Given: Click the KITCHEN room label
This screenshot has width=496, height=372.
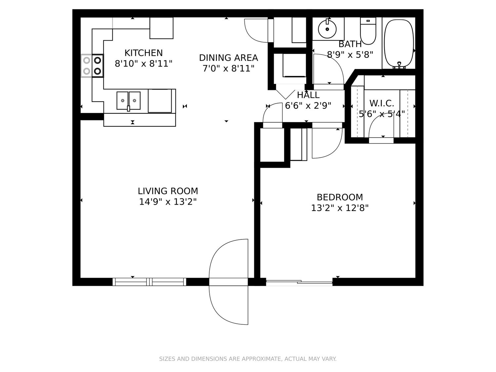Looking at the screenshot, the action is click(x=144, y=53).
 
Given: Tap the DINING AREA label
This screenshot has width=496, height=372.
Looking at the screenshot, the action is click(x=228, y=58).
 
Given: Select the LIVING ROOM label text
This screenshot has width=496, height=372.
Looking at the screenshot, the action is click(x=168, y=191).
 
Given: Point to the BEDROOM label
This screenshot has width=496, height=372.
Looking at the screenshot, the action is click(x=340, y=197).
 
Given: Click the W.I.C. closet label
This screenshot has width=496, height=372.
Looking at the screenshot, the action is click(x=382, y=103).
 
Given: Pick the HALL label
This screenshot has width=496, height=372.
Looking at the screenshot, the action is click(x=308, y=95).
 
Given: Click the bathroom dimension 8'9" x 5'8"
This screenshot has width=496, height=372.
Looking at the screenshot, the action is click(x=350, y=55).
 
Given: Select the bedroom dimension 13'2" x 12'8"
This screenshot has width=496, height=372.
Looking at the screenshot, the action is click(x=340, y=208).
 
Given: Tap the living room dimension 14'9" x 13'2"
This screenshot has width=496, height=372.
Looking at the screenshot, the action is click(x=168, y=202).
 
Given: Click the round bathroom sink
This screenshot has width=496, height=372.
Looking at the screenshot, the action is click(x=327, y=29).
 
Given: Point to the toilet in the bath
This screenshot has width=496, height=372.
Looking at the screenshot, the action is click(x=368, y=31).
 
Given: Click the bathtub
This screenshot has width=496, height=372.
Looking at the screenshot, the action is click(x=399, y=44).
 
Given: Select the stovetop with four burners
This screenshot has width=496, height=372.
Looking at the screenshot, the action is click(x=92, y=66).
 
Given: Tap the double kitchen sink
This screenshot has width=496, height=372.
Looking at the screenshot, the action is click(x=128, y=101).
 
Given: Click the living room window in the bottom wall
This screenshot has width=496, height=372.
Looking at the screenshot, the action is click(x=149, y=282).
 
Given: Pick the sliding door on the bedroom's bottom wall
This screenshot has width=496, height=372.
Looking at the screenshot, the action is click(x=299, y=282).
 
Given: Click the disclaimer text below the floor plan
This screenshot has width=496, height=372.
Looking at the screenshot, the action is click(x=248, y=359).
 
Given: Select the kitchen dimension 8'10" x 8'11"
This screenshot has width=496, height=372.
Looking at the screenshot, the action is click(x=144, y=64).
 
